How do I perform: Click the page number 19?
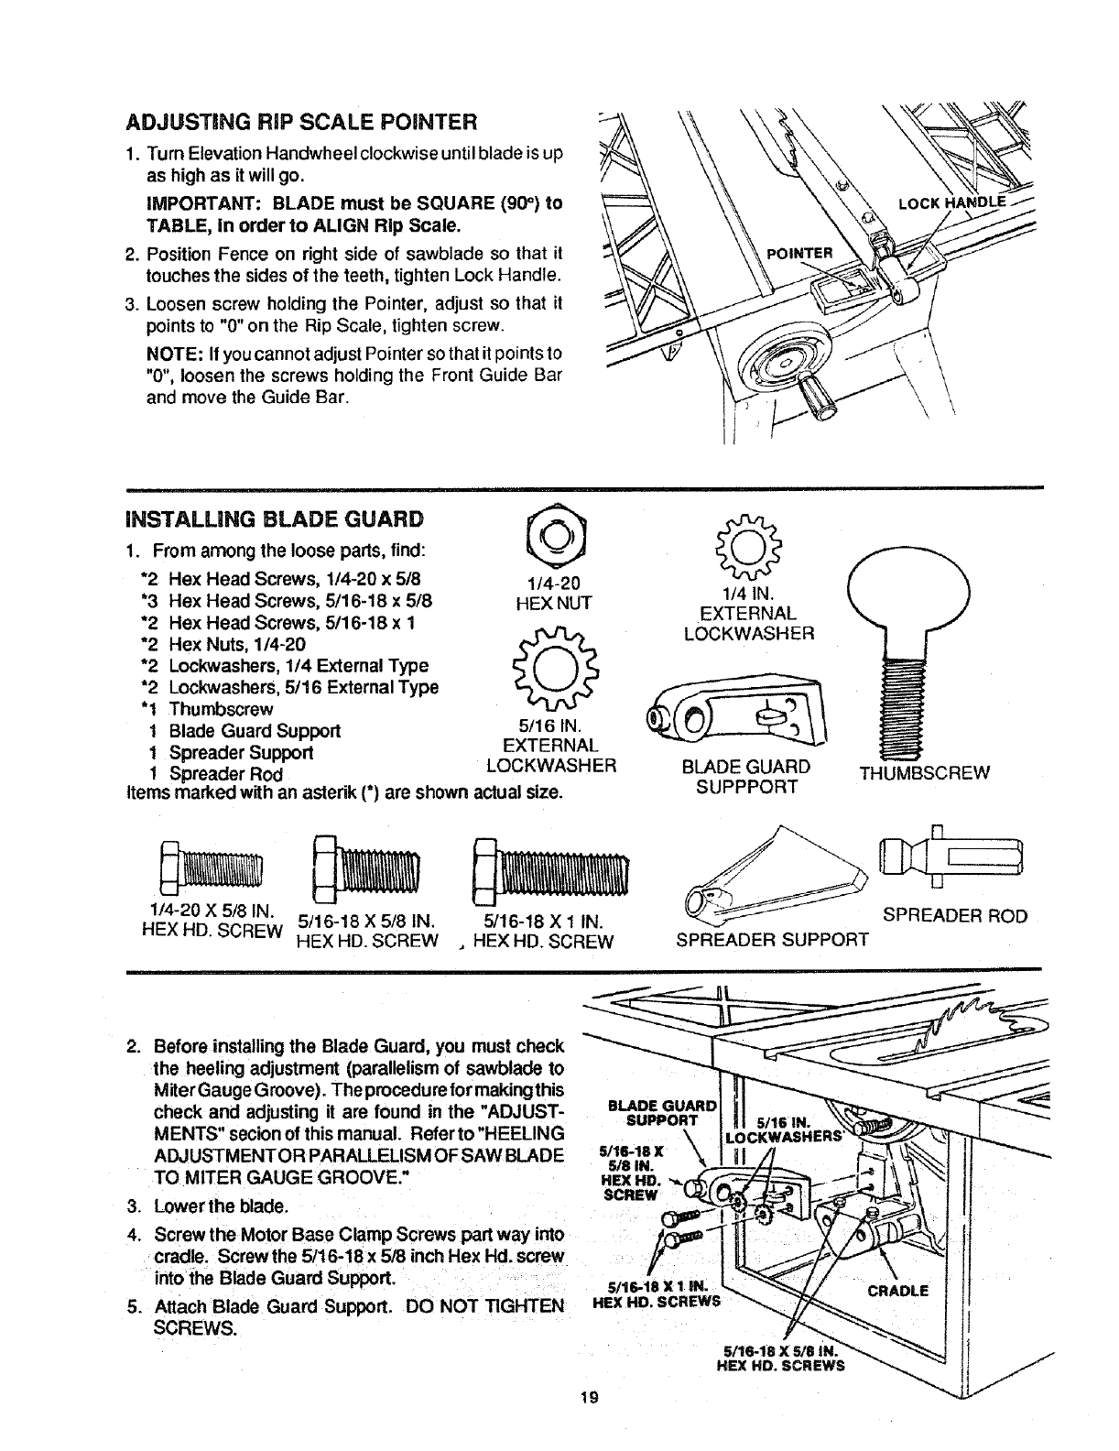pyautogui.click(x=588, y=1423)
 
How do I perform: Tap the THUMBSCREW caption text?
pyautogui.click(x=924, y=772)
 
